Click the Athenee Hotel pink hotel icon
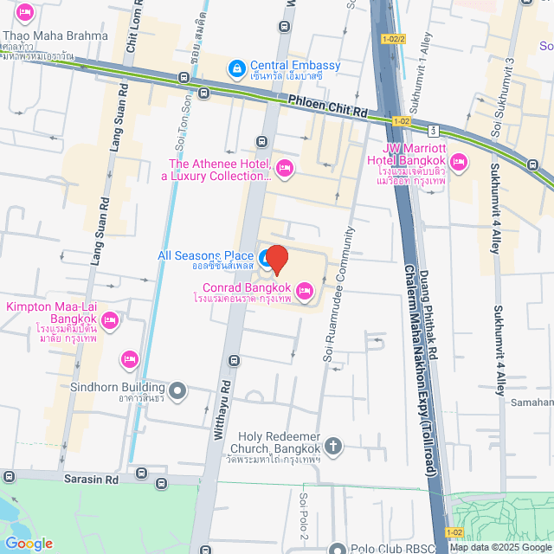284,166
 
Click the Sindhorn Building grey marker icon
177,392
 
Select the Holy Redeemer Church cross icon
334,447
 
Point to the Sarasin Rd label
90,477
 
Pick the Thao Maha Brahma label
57,36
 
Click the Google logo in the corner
28,543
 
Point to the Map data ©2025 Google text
500,547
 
